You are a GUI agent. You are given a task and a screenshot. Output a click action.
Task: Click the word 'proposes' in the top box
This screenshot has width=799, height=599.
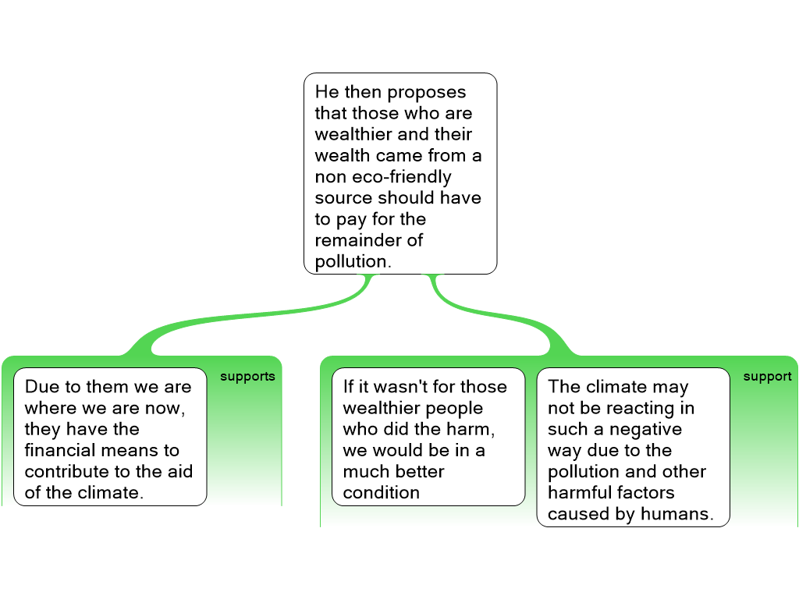pos(427,92)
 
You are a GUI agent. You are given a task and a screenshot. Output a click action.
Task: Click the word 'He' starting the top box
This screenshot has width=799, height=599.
pos(326,92)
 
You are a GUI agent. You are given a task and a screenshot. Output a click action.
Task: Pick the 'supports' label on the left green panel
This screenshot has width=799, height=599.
pos(247,377)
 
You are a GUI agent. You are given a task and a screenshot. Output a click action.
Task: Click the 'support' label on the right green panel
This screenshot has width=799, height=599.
pos(767,377)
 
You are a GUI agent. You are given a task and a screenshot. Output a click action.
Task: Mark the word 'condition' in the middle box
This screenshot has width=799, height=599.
pos(381,492)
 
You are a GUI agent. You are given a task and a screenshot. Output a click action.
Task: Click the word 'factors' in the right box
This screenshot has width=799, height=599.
pos(644,492)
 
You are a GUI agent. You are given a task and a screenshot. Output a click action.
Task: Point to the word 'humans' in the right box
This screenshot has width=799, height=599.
pos(681,513)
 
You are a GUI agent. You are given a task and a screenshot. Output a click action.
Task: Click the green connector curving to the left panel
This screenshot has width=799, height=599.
pos(234,320)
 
